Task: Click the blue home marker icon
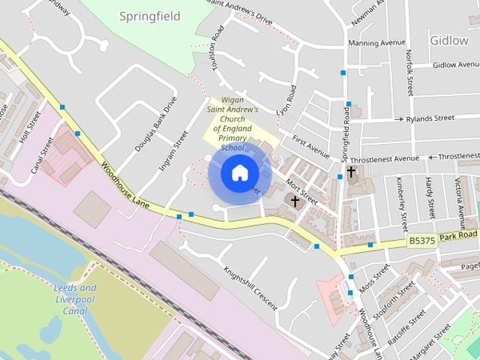pos(239,172)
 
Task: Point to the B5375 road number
pos(422,240)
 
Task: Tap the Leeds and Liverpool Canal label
pos(75,299)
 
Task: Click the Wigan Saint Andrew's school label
pos(232,123)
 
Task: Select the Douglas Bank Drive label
pos(155,124)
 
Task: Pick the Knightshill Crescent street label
pos(250,287)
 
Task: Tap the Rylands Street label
pos(430,118)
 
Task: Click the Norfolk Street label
pos(410,72)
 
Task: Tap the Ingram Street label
pos(174,150)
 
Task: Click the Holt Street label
pos(29,127)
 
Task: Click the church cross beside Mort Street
pos(295,201)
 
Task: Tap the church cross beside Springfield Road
pos(351,172)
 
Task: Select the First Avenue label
pos(310,146)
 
